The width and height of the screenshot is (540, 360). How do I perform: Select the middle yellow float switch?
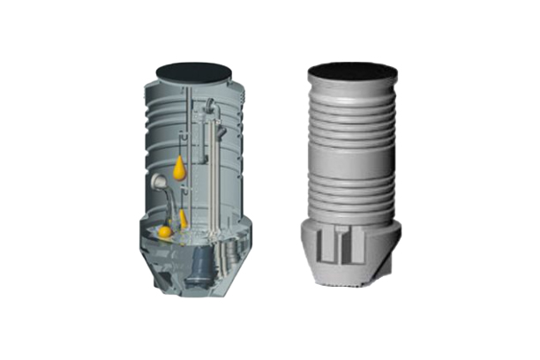coord(183,218)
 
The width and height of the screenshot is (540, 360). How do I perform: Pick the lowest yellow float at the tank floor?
coord(165,232)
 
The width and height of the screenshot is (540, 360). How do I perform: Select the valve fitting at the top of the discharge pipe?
coord(210,109)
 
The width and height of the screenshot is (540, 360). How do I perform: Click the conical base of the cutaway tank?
coord(190,278)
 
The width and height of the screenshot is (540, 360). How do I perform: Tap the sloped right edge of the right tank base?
coord(388,265)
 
